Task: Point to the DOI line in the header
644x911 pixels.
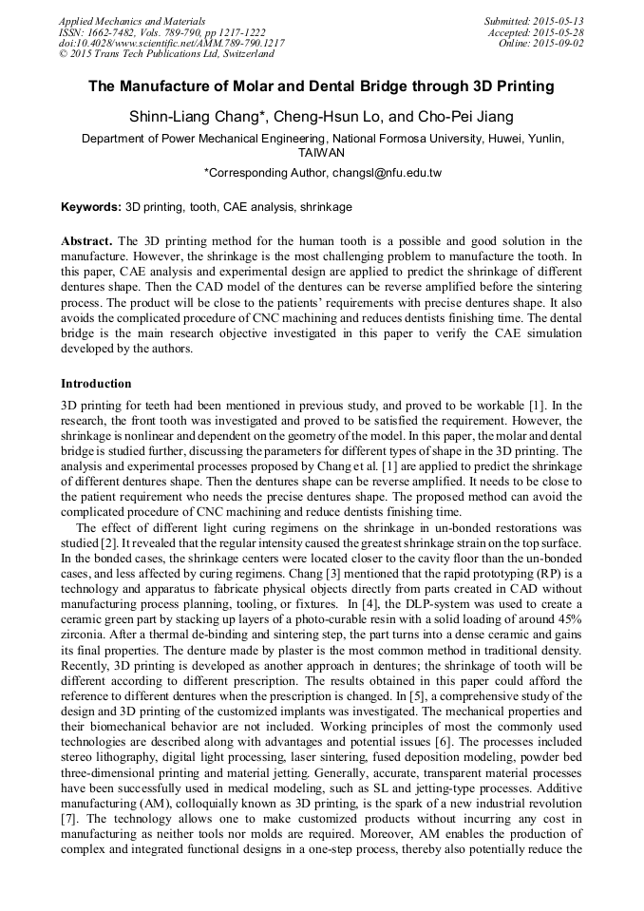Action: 171,44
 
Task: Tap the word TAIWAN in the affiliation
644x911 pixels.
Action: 321,152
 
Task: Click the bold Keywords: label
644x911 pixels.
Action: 92,207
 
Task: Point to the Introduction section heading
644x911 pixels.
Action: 96,384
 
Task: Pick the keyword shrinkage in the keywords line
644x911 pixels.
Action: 324,207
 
